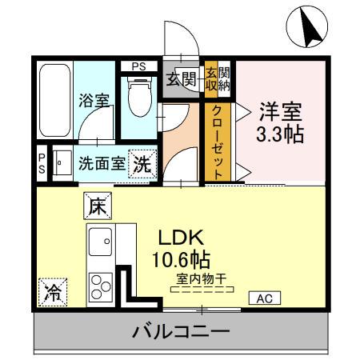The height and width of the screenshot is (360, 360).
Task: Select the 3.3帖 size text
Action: point(279,134)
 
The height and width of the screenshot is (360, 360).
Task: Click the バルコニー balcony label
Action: point(181,330)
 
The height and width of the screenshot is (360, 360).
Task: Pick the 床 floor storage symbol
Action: point(96,206)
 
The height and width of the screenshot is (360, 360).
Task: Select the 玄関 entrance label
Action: point(182,78)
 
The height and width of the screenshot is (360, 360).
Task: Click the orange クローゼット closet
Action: point(218,142)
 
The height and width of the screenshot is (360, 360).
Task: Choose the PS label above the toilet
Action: point(138,66)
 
